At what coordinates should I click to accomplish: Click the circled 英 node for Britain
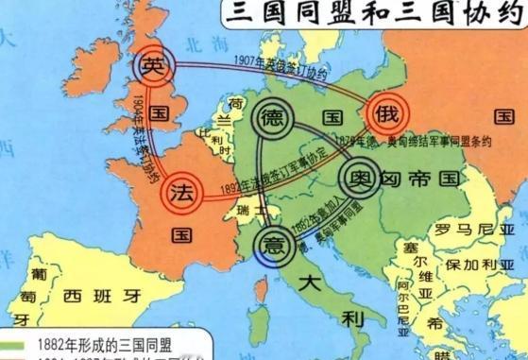click(153, 66)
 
